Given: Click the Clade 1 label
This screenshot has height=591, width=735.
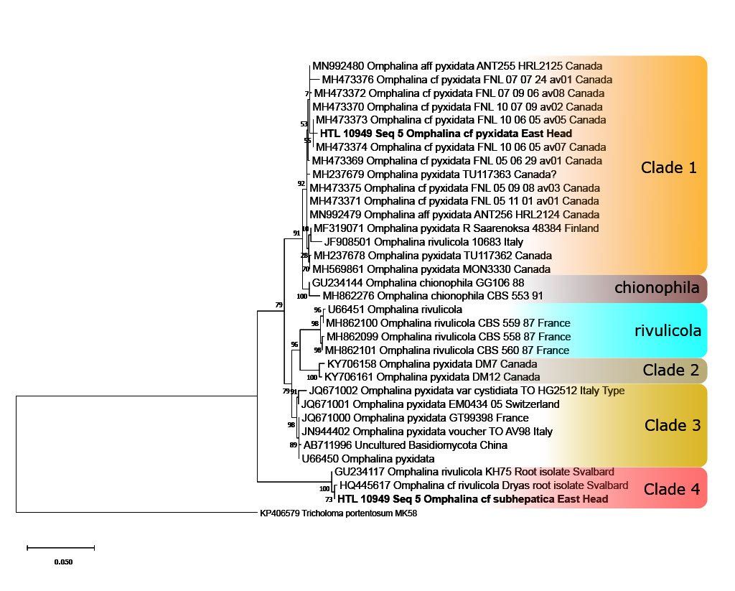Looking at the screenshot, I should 668,168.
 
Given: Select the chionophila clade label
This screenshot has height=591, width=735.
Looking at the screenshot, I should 656,288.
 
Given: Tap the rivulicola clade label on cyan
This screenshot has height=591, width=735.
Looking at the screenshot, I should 667,331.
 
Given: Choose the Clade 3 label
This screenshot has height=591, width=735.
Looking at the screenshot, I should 672,425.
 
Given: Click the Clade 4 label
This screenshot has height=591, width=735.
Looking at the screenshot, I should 672,490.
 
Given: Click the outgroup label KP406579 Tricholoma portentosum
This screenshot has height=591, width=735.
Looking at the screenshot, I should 338,513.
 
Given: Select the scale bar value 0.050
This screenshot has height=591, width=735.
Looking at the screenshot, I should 63,562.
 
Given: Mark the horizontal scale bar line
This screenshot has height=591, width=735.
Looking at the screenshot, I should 60,548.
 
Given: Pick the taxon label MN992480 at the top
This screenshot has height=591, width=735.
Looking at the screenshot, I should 457,66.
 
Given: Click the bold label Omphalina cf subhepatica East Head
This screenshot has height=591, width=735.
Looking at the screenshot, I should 472,499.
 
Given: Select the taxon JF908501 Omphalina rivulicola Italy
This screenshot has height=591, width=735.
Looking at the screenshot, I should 423,242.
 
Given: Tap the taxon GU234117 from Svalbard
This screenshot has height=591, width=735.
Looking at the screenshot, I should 474,473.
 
